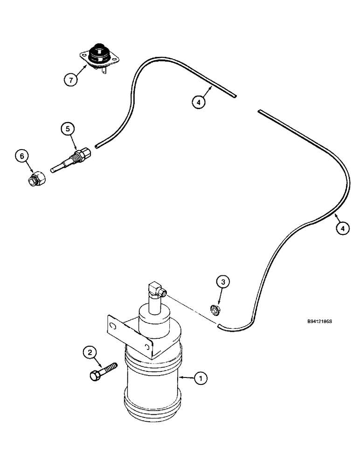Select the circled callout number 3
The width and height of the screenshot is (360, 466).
click(223, 282)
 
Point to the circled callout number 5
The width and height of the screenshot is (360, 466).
click(68, 129)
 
